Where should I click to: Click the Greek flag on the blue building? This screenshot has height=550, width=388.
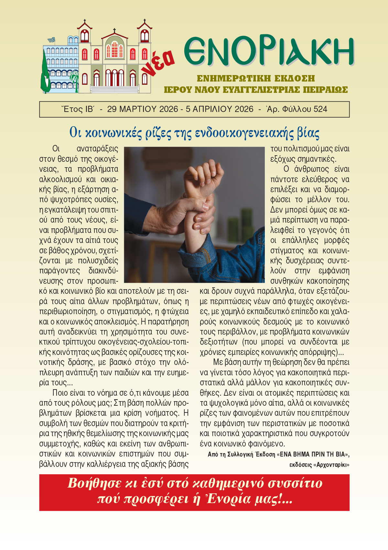[51, 40]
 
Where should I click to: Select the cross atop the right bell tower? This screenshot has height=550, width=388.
[145, 21]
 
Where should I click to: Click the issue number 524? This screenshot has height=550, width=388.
[320, 109]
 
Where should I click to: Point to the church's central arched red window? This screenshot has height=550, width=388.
[114, 49]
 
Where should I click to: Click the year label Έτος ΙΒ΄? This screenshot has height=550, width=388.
[78, 109]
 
